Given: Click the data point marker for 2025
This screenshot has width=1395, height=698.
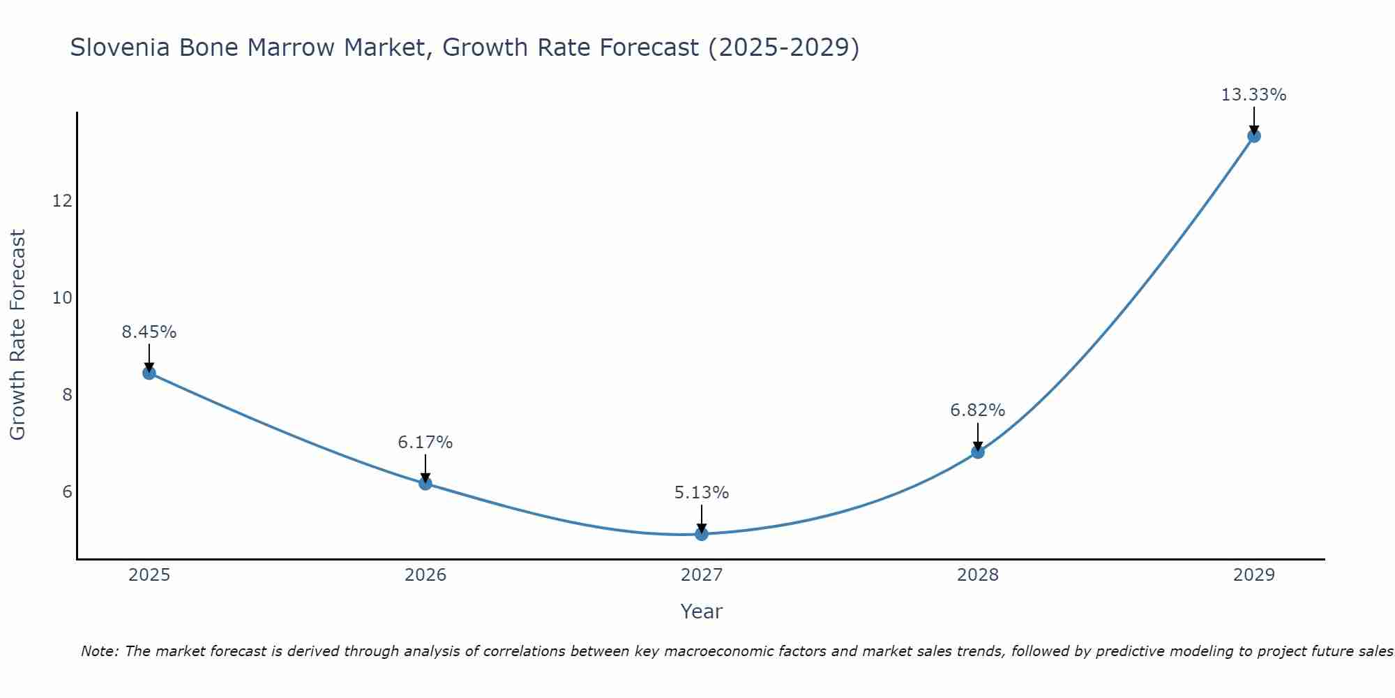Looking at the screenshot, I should (149, 373).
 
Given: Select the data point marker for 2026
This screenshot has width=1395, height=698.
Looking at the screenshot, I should (425, 483).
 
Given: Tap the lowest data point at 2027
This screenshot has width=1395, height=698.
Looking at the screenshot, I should (702, 534).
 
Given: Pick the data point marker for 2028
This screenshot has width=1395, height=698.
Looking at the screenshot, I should (978, 452).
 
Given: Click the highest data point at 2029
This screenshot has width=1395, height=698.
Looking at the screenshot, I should (1254, 136).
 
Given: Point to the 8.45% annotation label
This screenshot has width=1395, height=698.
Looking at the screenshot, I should (149, 332).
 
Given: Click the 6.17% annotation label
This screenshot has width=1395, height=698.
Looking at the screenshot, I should (425, 443).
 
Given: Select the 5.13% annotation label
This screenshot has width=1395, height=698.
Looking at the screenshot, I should (702, 493).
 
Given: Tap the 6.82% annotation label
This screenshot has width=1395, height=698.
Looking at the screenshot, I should (978, 410).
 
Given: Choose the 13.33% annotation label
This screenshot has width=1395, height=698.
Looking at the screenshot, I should (1253, 95).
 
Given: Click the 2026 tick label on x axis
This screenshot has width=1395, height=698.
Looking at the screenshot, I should (425, 575).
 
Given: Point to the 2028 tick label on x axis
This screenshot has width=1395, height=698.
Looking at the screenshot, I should (978, 575).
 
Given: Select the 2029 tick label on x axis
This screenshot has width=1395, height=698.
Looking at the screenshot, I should (1253, 575).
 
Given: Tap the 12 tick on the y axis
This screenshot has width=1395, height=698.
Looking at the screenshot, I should (62, 201).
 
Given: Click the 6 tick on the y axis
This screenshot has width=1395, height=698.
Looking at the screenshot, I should (67, 492).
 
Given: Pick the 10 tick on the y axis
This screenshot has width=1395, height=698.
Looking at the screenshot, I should (62, 298).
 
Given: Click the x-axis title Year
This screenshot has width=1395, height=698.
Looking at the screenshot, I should (702, 611).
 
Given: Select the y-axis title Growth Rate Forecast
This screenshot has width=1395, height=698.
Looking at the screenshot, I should (17, 335).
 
